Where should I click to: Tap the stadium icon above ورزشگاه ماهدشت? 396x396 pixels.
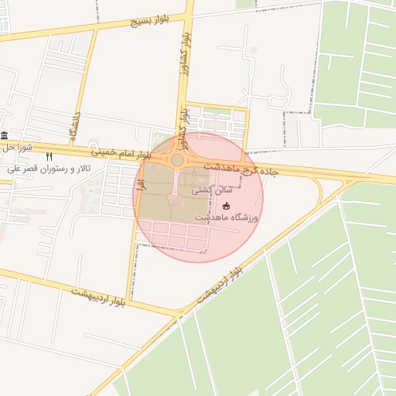click(x=227, y=205)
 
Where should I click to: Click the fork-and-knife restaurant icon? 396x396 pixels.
click(x=49, y=156)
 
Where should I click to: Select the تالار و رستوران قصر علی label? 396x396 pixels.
click(x=52, y=169)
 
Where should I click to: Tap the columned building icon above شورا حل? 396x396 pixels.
click(x=4, y=135)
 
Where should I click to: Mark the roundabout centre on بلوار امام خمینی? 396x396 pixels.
click(x=177, y=160)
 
